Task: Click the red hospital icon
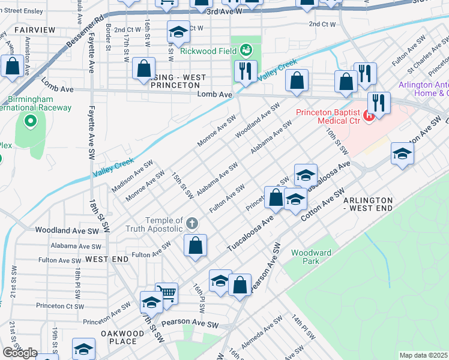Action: pyautogui.click(x=370, y=113)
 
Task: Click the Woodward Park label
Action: pyautogui.click(x=311, y=257)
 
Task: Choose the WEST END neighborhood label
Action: pyautogui.click(x=107, y=259)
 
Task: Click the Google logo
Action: pyautogui.click(x=20, y=353)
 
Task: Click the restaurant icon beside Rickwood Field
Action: pyautogui.click(x=245, y=72)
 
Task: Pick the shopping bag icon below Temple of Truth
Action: pyautogui.click(x=195, y=245)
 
